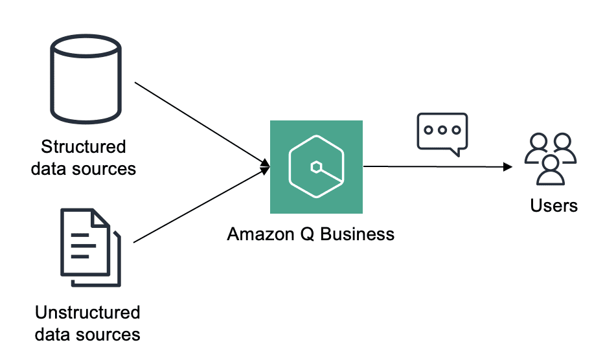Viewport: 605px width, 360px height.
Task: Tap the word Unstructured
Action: [x=87, y=313]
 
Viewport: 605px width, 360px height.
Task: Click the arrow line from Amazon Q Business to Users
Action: [x=434, y=167]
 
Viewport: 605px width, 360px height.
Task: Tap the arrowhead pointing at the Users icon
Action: [x=508, y=167]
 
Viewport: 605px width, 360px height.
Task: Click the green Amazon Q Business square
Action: [x=316, y=167]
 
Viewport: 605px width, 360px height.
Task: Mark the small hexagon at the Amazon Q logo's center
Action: [x=315, y=168]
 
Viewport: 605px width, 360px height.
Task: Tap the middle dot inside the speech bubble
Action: [x=442, y=129]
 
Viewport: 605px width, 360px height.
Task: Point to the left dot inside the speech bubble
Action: [x=428, y=129]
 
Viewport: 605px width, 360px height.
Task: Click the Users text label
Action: [x=554, y=205]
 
